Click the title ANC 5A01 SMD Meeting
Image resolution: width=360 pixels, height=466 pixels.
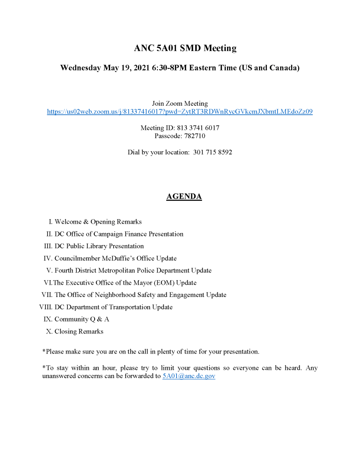click(x=185, y=48)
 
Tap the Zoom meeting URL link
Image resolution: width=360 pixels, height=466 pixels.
click(x=180, y=112)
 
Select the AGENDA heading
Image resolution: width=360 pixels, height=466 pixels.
click(x=184, y=197)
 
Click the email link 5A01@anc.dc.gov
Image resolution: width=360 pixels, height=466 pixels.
click(x=189, y=376)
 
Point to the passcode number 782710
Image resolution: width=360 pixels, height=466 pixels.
click(x=196, y=136)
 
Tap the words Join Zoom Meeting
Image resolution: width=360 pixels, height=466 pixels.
click(x=180, y=103)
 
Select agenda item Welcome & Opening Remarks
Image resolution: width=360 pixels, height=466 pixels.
click(x=98, y=222)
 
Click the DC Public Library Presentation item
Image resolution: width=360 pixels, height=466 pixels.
click(x=99, y=246)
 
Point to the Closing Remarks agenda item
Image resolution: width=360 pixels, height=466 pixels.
click(x=79, y=331)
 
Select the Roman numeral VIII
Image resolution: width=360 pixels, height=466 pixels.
click(x=46, y=307)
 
